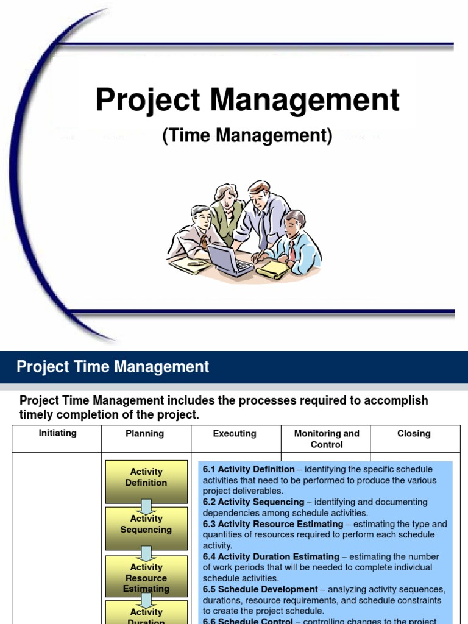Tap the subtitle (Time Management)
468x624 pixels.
[247, 136]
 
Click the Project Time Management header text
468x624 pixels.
[113, 367]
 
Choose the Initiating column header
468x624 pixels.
[57, 433]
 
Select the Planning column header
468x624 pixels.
[145, 434]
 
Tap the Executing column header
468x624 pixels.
[235, 434]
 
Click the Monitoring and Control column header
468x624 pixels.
[327, 439]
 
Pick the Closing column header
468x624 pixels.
[414, 434]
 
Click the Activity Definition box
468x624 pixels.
[146, 477]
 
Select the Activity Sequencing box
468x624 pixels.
[146, 524]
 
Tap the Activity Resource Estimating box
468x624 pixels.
[146, 577]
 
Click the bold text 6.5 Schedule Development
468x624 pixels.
[260, 589]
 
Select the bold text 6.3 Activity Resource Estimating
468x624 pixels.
[273, 524]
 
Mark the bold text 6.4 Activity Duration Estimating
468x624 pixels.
[271, 556]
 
